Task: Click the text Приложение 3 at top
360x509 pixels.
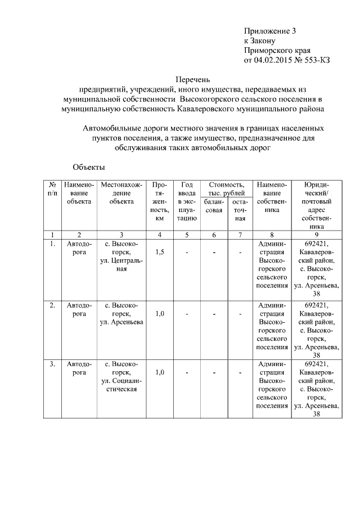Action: point(266,31)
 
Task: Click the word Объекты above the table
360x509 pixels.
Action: point(89,167)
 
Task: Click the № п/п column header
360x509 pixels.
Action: point(52,190)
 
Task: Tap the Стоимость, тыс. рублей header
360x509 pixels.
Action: point(226,188)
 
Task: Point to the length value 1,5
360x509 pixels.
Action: point(160,252)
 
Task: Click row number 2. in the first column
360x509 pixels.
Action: point(52,305)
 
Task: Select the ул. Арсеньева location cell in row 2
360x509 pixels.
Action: point(121,313)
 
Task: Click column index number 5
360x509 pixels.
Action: point(186,235)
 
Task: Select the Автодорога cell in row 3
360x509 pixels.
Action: point(79,368)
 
